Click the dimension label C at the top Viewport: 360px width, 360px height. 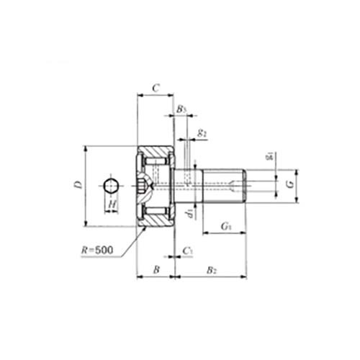(156, 89)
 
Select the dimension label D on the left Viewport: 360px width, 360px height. (78, 185)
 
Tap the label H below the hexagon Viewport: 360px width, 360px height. (112, 204)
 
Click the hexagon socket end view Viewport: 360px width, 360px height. (112, 186)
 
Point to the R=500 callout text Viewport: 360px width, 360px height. (97, 251)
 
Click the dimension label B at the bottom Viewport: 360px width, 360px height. (156, 269)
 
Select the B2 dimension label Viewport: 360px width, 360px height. (212, 270)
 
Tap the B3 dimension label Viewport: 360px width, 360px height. (181, 109)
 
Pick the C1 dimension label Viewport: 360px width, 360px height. (187, 251)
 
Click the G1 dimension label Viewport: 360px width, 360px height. (225, 226)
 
